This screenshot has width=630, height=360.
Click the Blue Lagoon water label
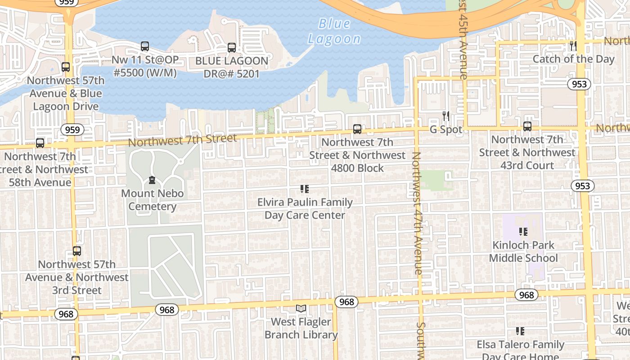(x=334, y=31)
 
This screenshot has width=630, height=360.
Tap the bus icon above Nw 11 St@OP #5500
(x=144, y=46)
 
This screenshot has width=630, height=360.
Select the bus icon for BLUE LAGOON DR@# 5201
(x=232, y=47)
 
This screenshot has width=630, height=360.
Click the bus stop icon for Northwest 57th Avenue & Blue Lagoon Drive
(x=66, y=67)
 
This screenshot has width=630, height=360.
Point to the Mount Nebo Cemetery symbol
(x=152, y=180)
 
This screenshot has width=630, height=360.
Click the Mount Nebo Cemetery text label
(x=153, y=200)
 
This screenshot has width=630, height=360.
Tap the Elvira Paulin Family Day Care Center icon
(x=305, y=189)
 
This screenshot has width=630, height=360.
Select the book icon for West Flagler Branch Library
(x=301, y=309)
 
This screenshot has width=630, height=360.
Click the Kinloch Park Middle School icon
(x=523, y=232)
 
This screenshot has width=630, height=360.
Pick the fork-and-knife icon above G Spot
(x=445, y=116)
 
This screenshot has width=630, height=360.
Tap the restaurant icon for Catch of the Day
(x=573, y=45)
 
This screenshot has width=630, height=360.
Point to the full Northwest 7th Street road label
(x=182, y=140)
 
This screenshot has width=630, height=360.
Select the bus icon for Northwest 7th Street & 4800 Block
(x=357, y=129)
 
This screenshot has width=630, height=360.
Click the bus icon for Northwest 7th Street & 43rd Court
(x=527, y=126)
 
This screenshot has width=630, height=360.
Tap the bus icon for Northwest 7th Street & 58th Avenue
(x=40, y=143)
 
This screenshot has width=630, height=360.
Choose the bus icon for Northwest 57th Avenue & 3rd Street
(x=77, y=251)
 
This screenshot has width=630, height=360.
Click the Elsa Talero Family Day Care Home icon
(x=520, y=331)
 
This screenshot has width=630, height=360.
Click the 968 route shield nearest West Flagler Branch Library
(x=346, y=302)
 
